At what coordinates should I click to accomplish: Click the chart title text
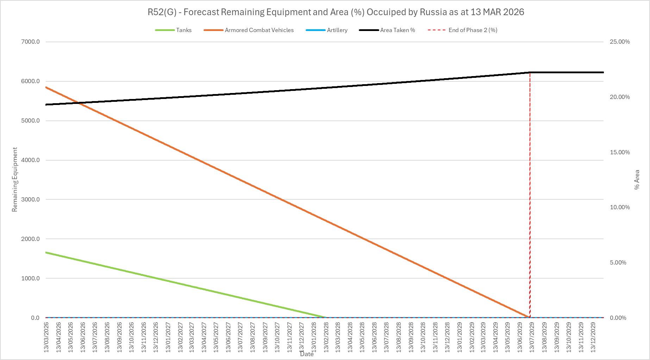[336, 12]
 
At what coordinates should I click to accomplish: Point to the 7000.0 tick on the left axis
[31, 42]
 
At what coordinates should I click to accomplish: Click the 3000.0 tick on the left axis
[31, 200]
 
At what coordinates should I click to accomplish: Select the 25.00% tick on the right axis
[620, 42]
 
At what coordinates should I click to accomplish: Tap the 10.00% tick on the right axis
[620, 207]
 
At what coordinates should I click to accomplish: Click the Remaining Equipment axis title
[15, 180]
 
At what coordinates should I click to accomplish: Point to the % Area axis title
[637, 180]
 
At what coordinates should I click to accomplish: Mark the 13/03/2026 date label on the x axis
[46, 337]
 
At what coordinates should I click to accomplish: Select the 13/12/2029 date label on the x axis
[593, 337]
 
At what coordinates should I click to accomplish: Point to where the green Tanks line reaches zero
[326, 317]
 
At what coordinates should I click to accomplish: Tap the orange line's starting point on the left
[46, 87]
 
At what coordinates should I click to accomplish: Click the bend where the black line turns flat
[530, 72]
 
